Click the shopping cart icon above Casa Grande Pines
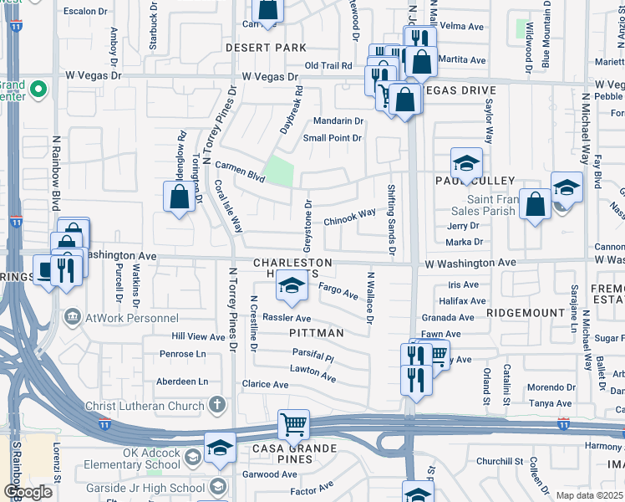pos(294,424)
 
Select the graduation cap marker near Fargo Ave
pos(290,288)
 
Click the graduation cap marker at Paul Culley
pos(467,162)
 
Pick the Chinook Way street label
pos(350,216)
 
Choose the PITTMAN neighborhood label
pos(316,333)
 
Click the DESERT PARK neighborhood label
pos(267,49)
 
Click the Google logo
pos(28,492)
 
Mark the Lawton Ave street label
pos(312,374)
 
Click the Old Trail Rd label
pos(329,65)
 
